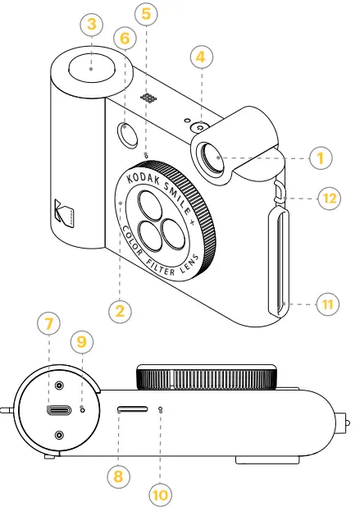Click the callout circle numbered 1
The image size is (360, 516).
321,157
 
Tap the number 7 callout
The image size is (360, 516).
48,325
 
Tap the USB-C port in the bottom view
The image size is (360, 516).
60,412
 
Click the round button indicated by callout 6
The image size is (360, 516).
126,134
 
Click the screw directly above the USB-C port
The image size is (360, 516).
60,386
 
